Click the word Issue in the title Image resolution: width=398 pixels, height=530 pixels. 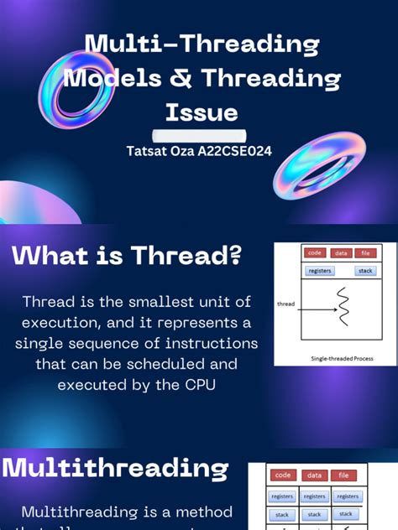pos(201,112)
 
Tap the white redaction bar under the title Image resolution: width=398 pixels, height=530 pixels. pos(199,135)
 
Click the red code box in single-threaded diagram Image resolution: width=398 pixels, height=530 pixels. pos(315,252)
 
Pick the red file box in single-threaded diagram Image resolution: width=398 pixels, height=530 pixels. pos(365,252)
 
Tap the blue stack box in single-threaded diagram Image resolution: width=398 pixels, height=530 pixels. pos(365,271)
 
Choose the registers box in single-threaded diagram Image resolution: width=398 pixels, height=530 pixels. pos(320,271)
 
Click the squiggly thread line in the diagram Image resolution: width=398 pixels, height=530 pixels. pos(343,307)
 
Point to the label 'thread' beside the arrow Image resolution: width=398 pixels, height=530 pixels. pos(285,304)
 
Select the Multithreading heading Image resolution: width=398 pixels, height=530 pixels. pos(115,468)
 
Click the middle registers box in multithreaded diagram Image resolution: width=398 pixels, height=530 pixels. pos(314,496)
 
